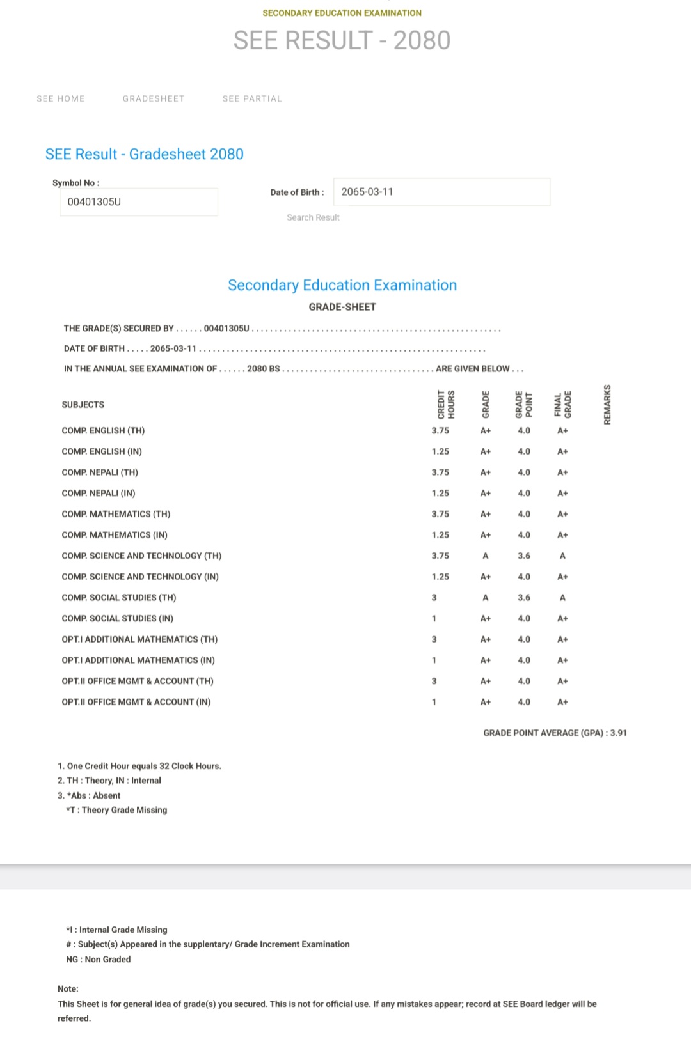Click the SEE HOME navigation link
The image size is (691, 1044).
(61, 98)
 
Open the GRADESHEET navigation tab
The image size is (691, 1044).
(154, 98)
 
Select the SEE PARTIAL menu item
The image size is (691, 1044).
(252, 98)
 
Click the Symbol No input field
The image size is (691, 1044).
(138, 202)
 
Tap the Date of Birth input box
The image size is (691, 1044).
(441, 192)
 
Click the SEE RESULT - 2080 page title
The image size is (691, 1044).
(342, 40)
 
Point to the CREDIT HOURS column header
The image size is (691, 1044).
(446, 404)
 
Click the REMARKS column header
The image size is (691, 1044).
(607, 404)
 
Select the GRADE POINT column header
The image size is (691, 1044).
(524, 404)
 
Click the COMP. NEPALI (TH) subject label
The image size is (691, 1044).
(100, 472)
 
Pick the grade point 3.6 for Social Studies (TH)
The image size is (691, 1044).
(524, 598)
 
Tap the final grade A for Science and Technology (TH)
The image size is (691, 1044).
(562, 556)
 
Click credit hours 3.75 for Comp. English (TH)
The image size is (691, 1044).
(440, 431)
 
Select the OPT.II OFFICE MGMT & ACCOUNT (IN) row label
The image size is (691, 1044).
(136, 702)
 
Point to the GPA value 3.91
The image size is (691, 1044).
(619, 733)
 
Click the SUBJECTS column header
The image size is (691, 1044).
(83, 405)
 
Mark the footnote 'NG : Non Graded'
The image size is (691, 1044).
(99, 959)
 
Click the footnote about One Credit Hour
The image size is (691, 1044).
(139, 766)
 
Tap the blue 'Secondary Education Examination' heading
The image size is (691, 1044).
(342, 285)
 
